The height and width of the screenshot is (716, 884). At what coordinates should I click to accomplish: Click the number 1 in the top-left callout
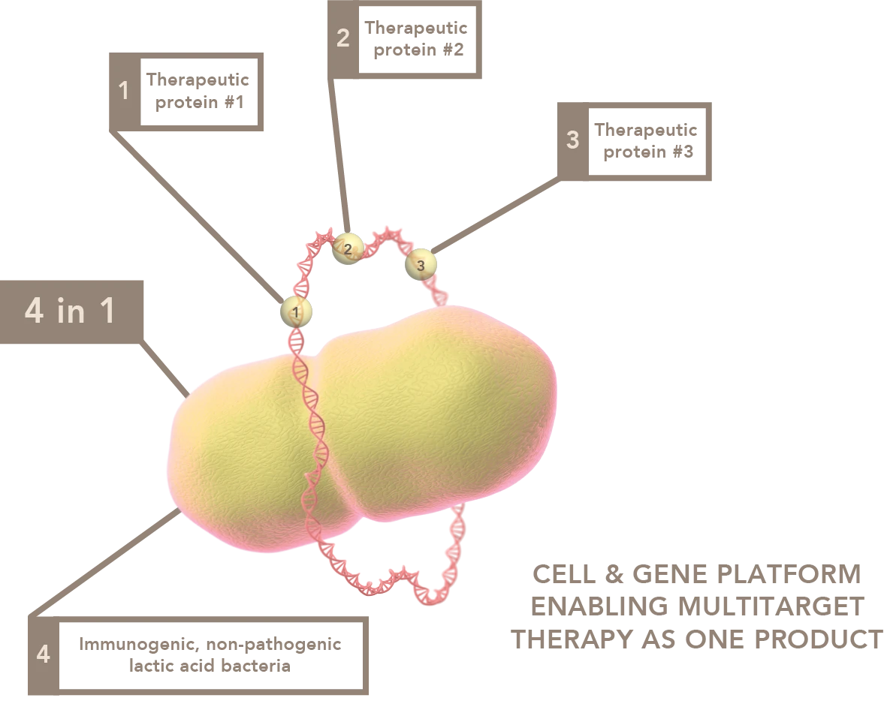coord(124,92)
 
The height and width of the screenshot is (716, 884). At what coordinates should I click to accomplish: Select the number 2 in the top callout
coord(342,38)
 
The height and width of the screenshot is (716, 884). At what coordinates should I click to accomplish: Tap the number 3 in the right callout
coord(572,140)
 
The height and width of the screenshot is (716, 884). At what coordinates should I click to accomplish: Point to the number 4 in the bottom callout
coord(43,654)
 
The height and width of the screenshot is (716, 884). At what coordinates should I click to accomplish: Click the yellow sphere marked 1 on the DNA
coord(296,311)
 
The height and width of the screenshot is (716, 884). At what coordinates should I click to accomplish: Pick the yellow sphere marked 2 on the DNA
coord(347,248)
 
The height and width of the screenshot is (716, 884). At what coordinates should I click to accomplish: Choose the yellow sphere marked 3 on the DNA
coord(420,264)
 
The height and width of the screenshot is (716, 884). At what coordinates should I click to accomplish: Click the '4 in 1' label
coord(71,311)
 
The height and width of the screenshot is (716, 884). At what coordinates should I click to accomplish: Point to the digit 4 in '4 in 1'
coord(34,312)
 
